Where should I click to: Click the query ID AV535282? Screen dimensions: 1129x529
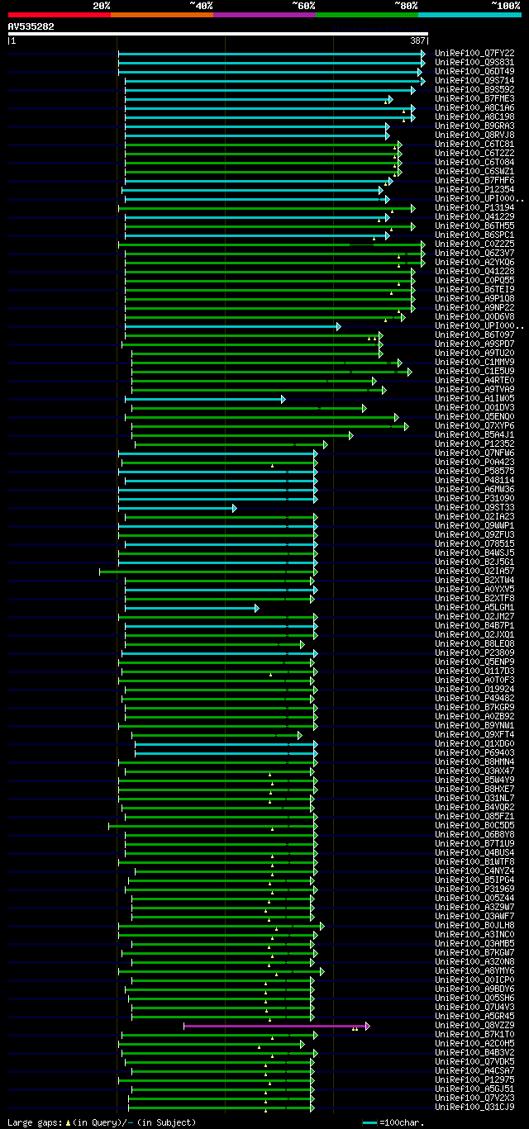click(x=31, y=26)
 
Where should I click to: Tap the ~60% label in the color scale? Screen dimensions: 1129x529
click(x=303, y=5)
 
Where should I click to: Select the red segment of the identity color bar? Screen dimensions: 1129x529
click(x=59, y=15)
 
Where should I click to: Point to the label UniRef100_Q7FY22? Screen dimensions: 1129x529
click(x=474, y=53)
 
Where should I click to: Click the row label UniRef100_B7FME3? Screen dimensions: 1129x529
click(x=474, y=98)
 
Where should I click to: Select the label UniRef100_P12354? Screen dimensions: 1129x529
click(x=474, y=189)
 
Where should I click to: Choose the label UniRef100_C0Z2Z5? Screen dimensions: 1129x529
click(x=474, y=244)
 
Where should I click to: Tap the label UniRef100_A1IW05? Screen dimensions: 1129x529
click(x=474, y=398)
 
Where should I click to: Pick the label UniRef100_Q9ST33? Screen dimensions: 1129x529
click(x=474, y=507)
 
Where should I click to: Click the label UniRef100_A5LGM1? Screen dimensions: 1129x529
click(x=474, y=607)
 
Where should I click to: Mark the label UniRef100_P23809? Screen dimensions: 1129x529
click(x=474, y=652)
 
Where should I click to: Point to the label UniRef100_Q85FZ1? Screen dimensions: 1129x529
click(x=474, y=816)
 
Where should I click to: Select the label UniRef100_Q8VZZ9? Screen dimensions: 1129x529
click(x=474, y=1025)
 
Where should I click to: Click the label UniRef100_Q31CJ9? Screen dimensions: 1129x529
click(x=474, y=1107)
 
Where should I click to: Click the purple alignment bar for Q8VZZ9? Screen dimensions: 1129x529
click(x=273, y=1026)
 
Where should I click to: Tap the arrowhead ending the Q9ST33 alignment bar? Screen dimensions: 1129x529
click(x=234, y=508)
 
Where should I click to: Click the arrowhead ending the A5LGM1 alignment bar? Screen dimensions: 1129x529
click(x=256, y=608)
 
